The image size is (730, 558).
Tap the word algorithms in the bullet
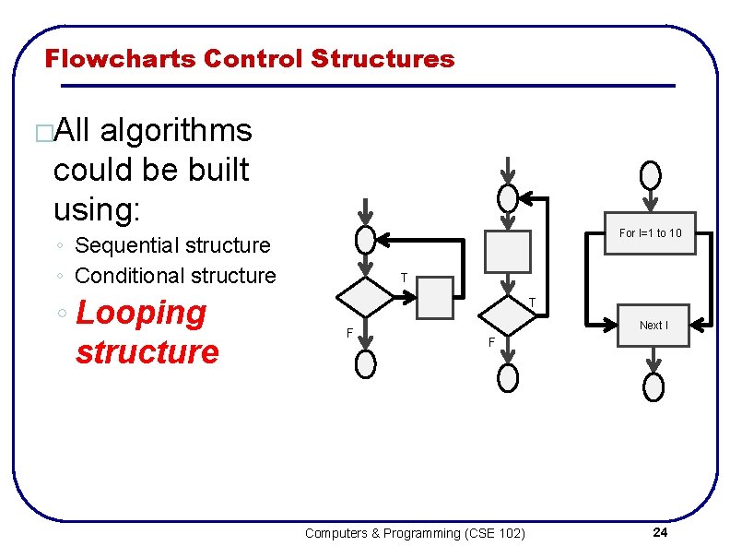click(175, 131)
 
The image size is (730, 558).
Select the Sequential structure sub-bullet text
click(172, 245)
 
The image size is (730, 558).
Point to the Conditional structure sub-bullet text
click(175, 276)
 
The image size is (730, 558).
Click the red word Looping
click(142, 313)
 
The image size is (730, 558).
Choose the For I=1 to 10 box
click(651, 233)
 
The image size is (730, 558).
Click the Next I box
click(653, 326)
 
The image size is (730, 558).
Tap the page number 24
click(660, 533)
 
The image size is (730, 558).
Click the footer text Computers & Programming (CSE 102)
click(415, 533)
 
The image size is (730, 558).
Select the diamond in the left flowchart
click(365, 296)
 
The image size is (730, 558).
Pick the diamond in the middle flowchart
click(508, 315)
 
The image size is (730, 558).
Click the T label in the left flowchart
click(404, 278)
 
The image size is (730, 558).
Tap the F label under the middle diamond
click(491, 343)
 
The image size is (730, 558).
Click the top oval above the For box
click(651, 174)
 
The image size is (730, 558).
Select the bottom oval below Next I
click(653, 387)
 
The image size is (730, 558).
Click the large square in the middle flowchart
click(508, 251)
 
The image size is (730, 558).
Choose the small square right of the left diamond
click(436, 297)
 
